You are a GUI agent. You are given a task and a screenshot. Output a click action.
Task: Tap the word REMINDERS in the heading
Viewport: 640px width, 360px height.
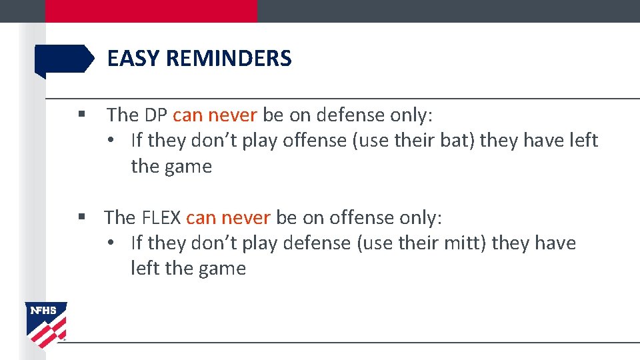(x=229, y=59)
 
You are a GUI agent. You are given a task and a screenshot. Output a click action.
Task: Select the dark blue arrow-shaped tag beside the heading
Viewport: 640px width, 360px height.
(x=64, y=59)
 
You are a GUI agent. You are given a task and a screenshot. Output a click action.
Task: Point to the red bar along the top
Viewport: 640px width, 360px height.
(x=151, y=11)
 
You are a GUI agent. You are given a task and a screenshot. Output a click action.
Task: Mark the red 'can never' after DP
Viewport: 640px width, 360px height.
(x=215, y=115)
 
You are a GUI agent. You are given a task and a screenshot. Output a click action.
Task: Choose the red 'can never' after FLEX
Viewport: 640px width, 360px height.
(x=228, y=218)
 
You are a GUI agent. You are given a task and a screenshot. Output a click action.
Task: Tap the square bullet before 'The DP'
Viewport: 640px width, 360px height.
(x=81, y=115)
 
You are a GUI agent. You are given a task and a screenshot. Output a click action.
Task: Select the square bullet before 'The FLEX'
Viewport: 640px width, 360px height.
(x=81, y=217)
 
